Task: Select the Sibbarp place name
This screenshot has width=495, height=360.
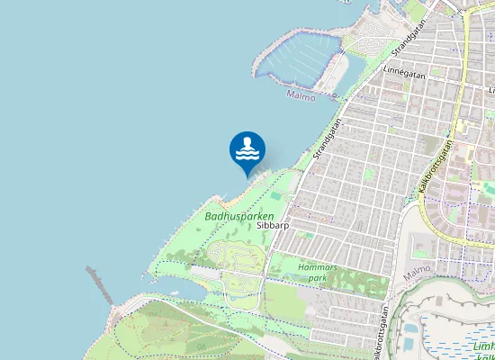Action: [x=272, y=226]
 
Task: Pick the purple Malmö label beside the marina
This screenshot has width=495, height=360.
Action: [x=301, y=94]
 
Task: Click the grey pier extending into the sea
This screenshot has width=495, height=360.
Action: [x=100, y=283]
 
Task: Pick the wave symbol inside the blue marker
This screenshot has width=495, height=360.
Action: [x=247, y=155]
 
